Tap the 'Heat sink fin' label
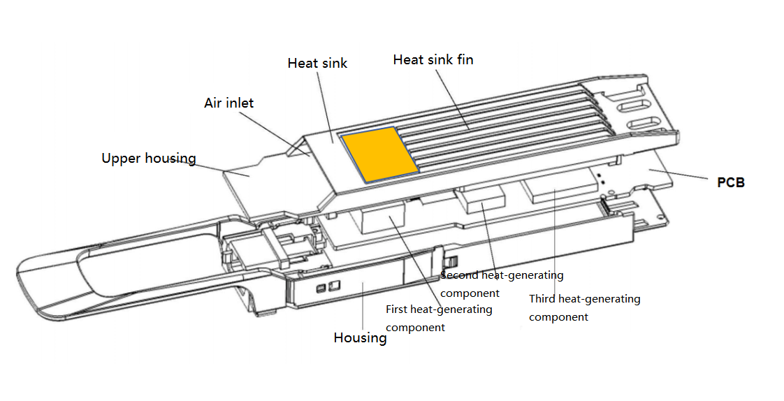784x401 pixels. (433, 60)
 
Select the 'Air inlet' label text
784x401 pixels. (228, 103)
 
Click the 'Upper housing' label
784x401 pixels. (148, 159)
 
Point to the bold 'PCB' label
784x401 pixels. (731, 183)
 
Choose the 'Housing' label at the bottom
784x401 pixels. (360, 338)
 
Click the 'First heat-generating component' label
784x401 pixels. (438, 318)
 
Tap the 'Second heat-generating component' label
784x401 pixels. (501, 284)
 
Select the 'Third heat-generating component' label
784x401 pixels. (584, 307)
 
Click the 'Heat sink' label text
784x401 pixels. (317, 64)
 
